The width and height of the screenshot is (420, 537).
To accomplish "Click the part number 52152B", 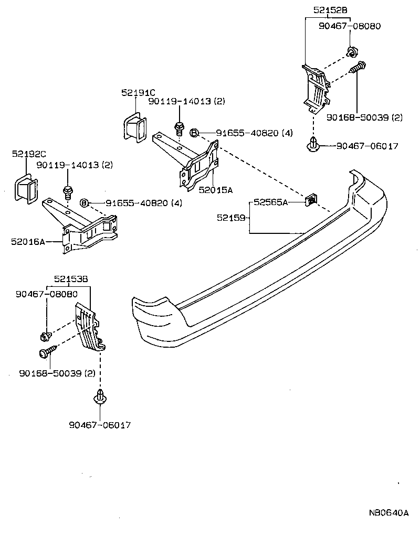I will click(331, 9).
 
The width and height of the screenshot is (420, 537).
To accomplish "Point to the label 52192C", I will click(29, 154).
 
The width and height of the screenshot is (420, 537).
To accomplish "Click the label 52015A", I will click(216, 190).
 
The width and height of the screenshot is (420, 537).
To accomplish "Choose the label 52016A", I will click(27, 242).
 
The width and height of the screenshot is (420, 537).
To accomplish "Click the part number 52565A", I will click(270, 202).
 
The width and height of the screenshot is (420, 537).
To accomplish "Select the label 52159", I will click(231, 217).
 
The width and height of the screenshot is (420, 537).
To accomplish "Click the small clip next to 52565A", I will click(312, 199).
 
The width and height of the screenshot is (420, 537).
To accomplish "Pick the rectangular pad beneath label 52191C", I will click(134, 127).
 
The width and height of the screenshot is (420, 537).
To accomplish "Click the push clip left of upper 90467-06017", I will click(313, 145).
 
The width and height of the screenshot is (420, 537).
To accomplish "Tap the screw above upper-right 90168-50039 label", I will click(359, 69).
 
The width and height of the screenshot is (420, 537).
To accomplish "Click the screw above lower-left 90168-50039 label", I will click(46, 353).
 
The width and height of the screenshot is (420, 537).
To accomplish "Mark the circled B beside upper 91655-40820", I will click(194, 133).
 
